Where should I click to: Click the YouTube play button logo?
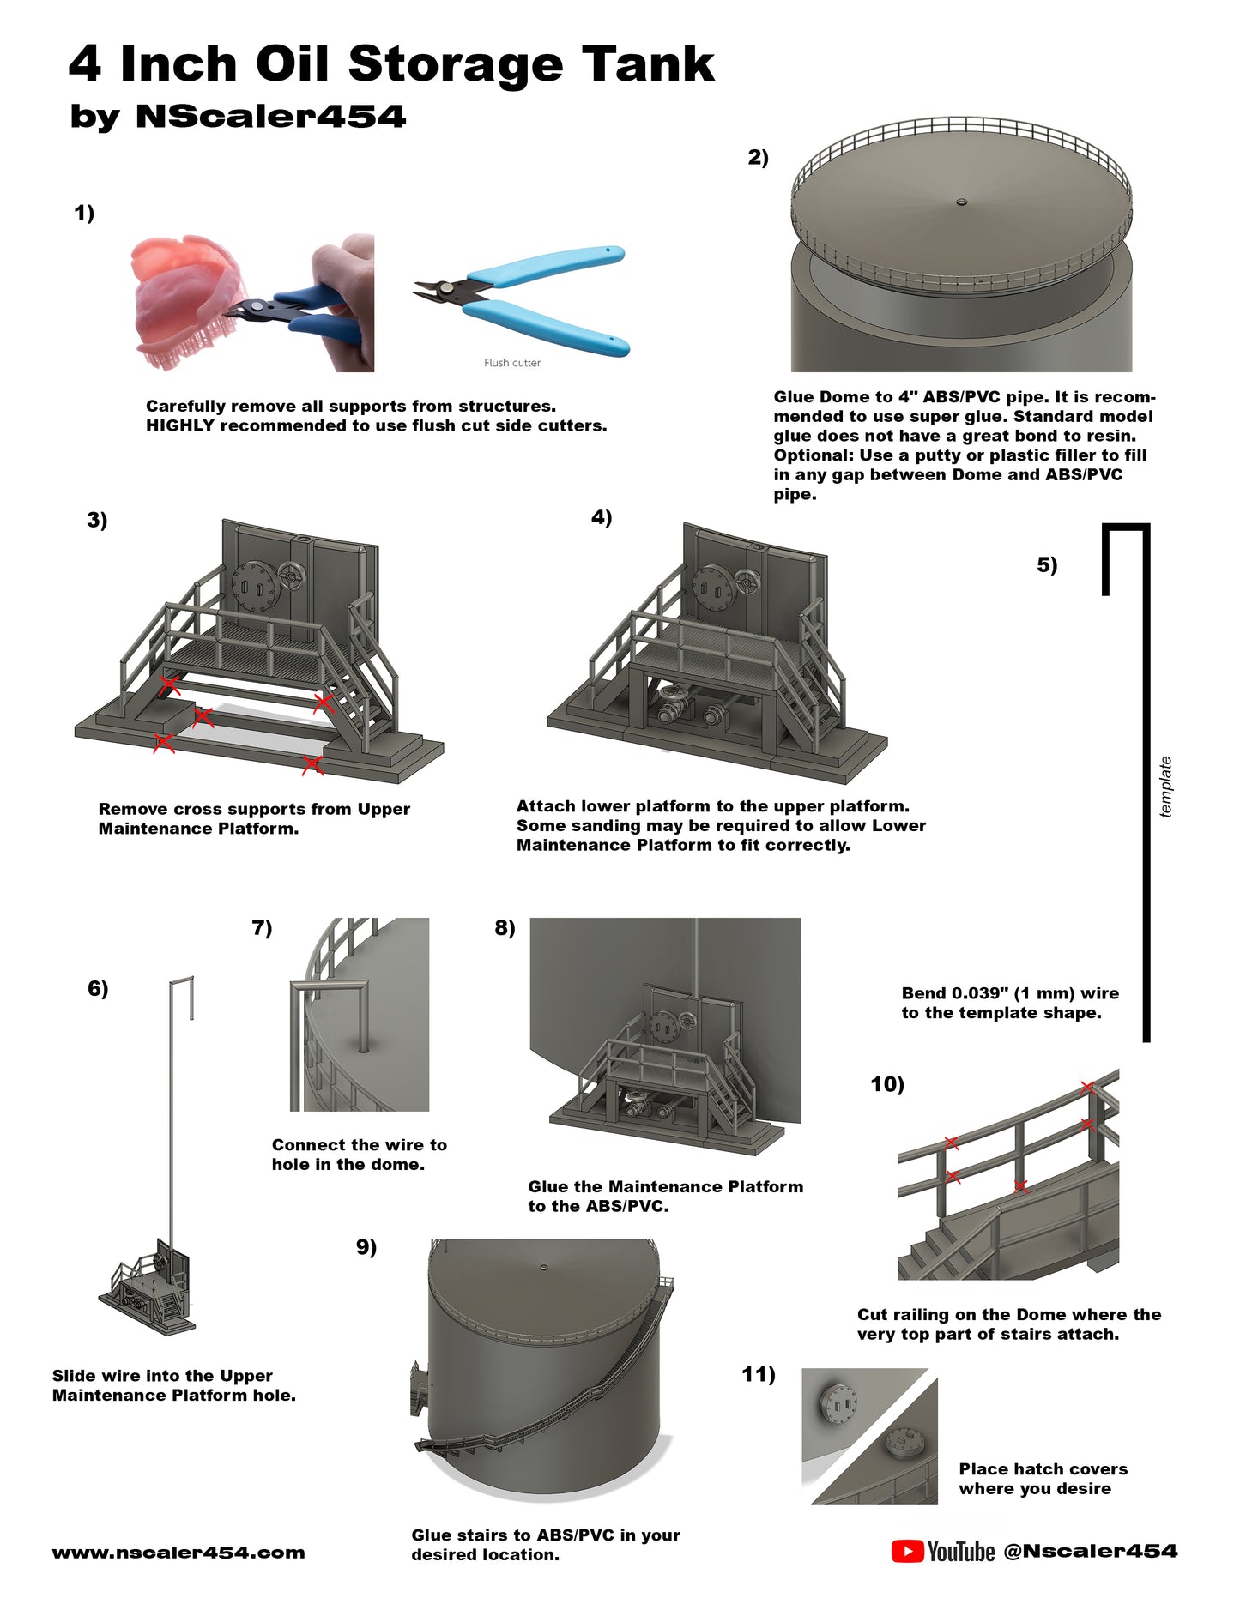pyautogui.click(x=907, y=1551)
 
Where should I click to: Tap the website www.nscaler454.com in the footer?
pyautogui.click(x=178, y=1553)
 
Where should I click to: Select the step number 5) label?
pyautogui.click(x=1047, y=564)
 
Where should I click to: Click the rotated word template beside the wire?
pyautogui.click(x=1165, y=787)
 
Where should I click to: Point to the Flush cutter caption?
pyautogui.click(x=512, y=363)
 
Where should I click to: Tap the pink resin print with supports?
pyautogui.click(x=184, y=300)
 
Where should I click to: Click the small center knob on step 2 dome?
pyautogui.click(x=961, y=202)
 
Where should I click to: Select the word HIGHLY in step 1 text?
pyautogui.click(x=180, y=425)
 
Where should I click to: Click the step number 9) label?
pyautogui.click(x=366, y=1247)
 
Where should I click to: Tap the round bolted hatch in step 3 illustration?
pyautogui.click(x=253, y=588)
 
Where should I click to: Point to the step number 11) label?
pyautogui.click(x=759, y=1374)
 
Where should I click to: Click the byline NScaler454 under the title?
pyautogui.click(x=270, y=117)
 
